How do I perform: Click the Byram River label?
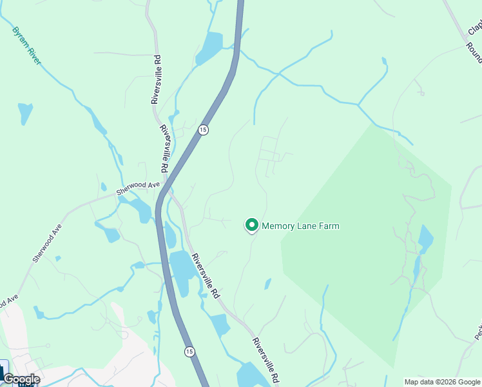pos(26,45)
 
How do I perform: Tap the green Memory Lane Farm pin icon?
pos(251,225)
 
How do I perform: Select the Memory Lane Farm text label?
pos(300,226)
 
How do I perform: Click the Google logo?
pos(21,379)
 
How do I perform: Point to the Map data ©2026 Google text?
pos(443,382)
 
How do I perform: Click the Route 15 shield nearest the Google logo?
pos(189,352)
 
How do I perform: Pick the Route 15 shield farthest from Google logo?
pos(203,130)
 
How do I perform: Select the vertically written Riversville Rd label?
pos(155,79)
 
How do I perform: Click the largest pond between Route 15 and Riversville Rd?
pos(182,272)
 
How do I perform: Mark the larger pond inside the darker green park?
pos(425,239)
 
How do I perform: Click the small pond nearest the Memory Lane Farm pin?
pos(267,284)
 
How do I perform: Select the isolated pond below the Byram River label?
pos(25,113)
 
